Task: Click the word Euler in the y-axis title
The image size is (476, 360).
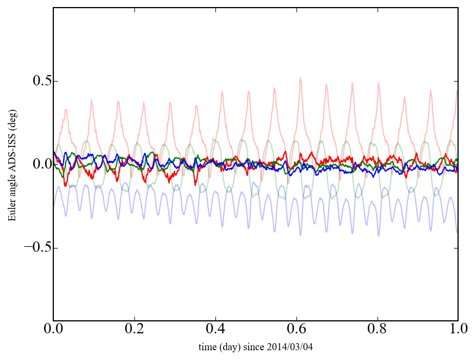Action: [x=12, y=212]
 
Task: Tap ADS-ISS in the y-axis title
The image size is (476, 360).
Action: [x=12, y=150]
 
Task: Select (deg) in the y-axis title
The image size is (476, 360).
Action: [x=12, y=120]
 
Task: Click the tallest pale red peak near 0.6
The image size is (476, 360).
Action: [x=300, y=78]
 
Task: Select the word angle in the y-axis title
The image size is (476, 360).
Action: [x=12, y=188]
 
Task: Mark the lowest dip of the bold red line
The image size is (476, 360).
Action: [x=65, y=186]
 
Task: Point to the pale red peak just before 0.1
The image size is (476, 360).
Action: [x=91, y=100]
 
